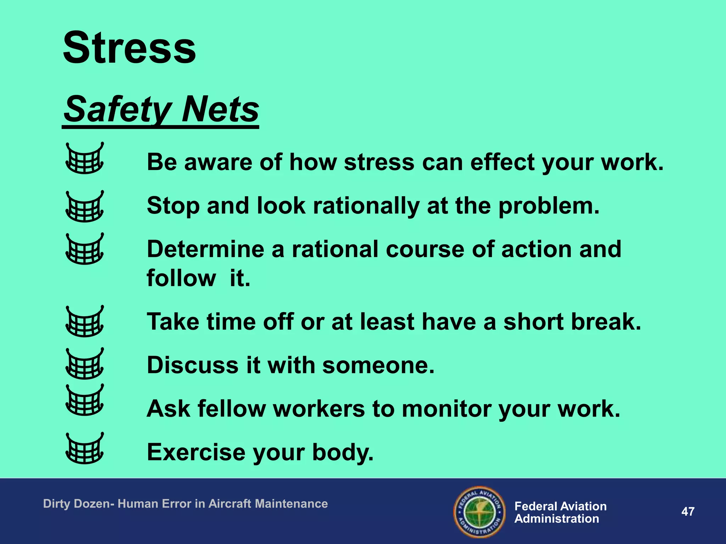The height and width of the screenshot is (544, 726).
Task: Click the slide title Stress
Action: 129,48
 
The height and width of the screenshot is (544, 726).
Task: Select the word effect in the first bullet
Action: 503,162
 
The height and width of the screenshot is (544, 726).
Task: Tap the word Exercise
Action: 196,452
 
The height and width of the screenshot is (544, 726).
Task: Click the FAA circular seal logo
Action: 479,512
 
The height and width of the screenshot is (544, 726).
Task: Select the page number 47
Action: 688,512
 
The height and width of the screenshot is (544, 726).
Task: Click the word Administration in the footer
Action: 557,519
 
